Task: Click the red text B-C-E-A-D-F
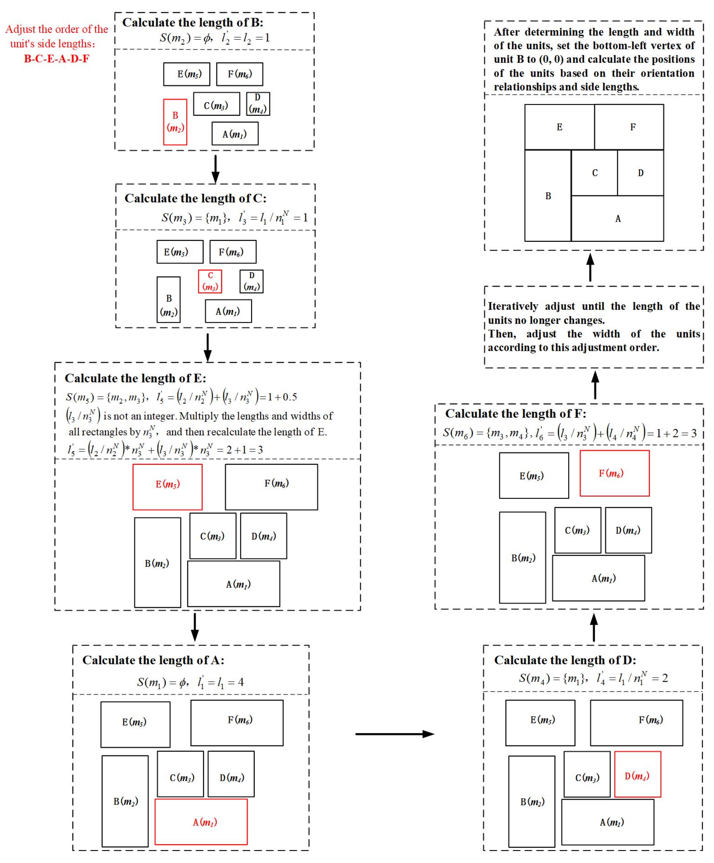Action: (x=56, y=59)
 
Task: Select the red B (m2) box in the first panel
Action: (x=175, y=122)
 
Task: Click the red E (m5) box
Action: (x=167, y=487)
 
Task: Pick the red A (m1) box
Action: (x=201, y=822)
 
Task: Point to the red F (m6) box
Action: (x=614, y=473)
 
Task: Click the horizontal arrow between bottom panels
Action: (x=395, y=734)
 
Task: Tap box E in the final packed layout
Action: (x=559, y=127)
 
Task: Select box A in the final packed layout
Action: (x=617, y=219)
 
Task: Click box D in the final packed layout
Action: (x=640, y=173)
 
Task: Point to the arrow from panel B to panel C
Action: (x=215, y=168)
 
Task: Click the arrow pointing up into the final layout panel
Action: (x=590, y=267)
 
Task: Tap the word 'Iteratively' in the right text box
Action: (x=513, y=307)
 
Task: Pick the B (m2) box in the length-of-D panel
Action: (x=532, y=802)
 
